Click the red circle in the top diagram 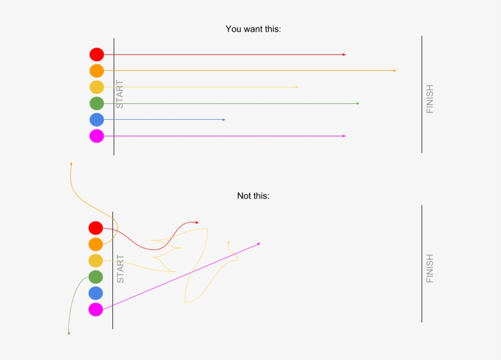pos(97,54)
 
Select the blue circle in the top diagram pos(97,120)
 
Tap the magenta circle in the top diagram pos(97,136)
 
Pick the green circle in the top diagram pos(97,103)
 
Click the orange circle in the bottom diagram pos(95,244)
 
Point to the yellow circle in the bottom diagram pos(95,261)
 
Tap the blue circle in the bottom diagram pos(95,293)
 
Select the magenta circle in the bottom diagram pos(95,309)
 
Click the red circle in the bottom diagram pos(95,228)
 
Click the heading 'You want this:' pos(253,29)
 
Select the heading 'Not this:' pos(253,196)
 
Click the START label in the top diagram pos(120,94)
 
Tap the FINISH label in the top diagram pos(430,98)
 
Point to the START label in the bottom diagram pos(120,268)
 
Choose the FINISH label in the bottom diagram pos(430,268)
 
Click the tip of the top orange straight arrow pos(395,71)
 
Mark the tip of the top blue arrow pos(224,120)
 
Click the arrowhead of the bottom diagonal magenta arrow pos(259,243)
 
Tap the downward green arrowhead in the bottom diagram pos(68,333)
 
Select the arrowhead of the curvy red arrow pos(197,222)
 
